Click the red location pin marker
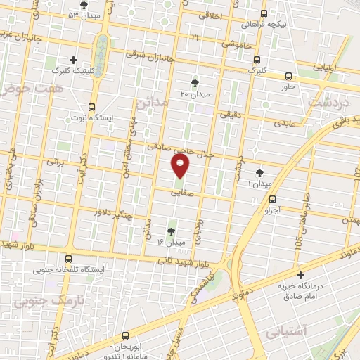coord(181,165)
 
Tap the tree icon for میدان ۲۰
coord(205,83)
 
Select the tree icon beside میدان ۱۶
coord(172,231)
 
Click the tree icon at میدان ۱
coord(260,172)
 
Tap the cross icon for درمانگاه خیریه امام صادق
coord(301,275)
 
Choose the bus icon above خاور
coord(288,76)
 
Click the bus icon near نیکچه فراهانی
coord(264,13)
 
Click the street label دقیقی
coord(231,112)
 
